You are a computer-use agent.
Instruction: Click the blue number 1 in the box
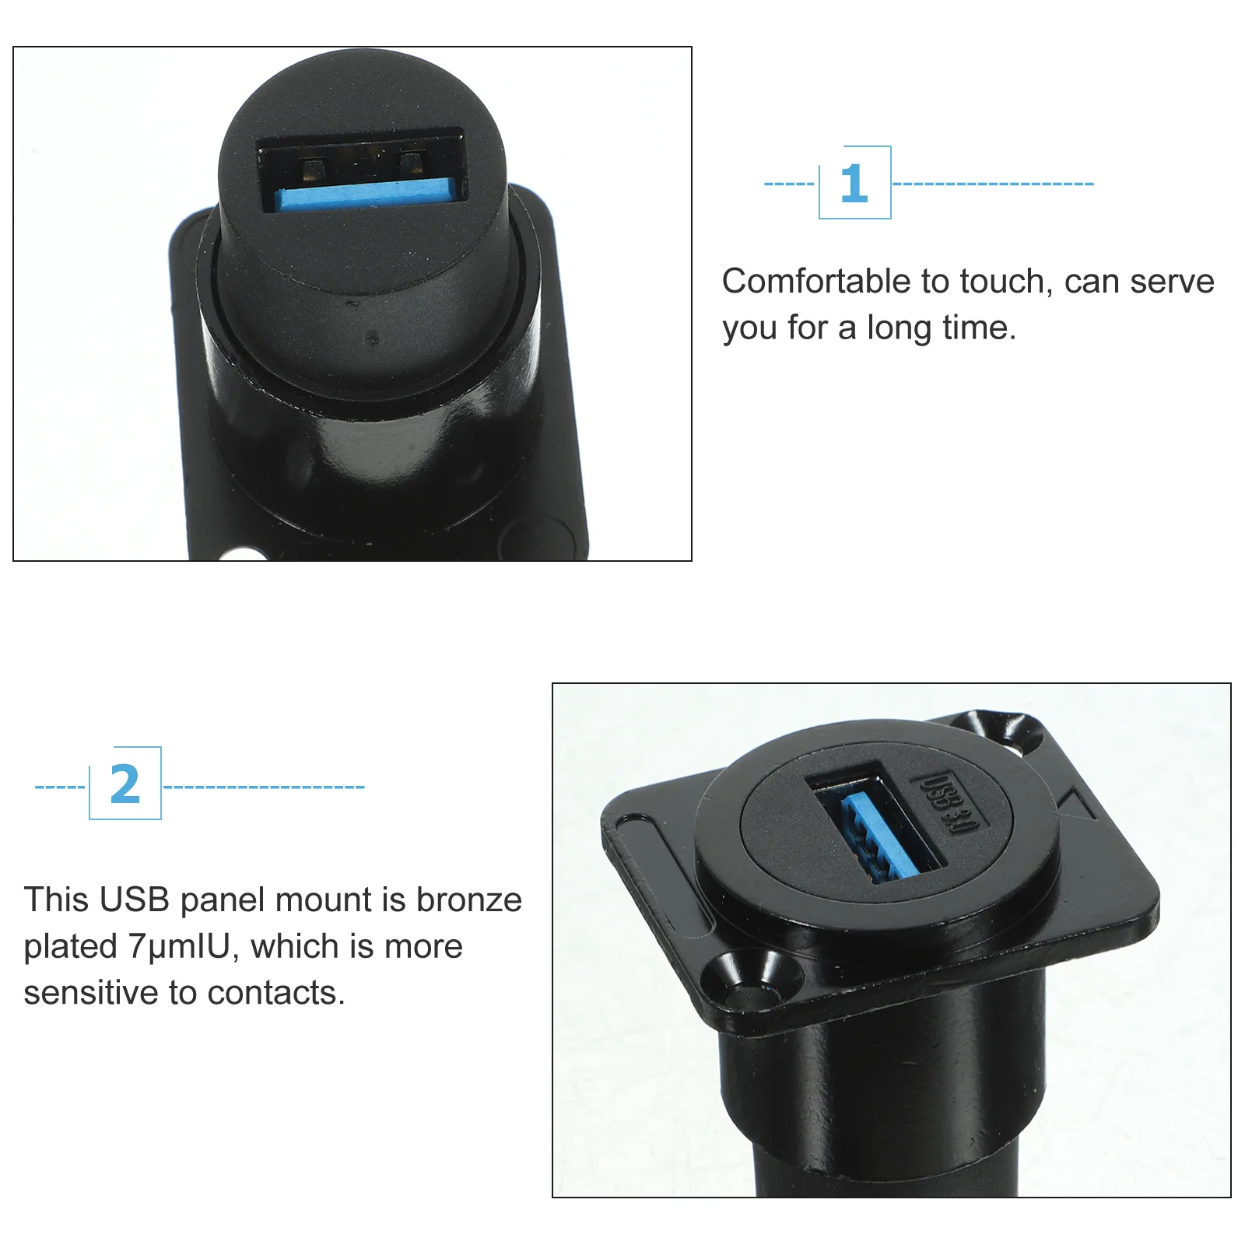[854, 183]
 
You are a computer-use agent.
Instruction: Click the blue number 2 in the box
[124, 784]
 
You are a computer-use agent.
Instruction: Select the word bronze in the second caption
[468, 900]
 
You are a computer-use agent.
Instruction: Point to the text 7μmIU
[179, 946]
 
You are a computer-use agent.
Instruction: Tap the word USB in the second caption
[135, 900]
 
